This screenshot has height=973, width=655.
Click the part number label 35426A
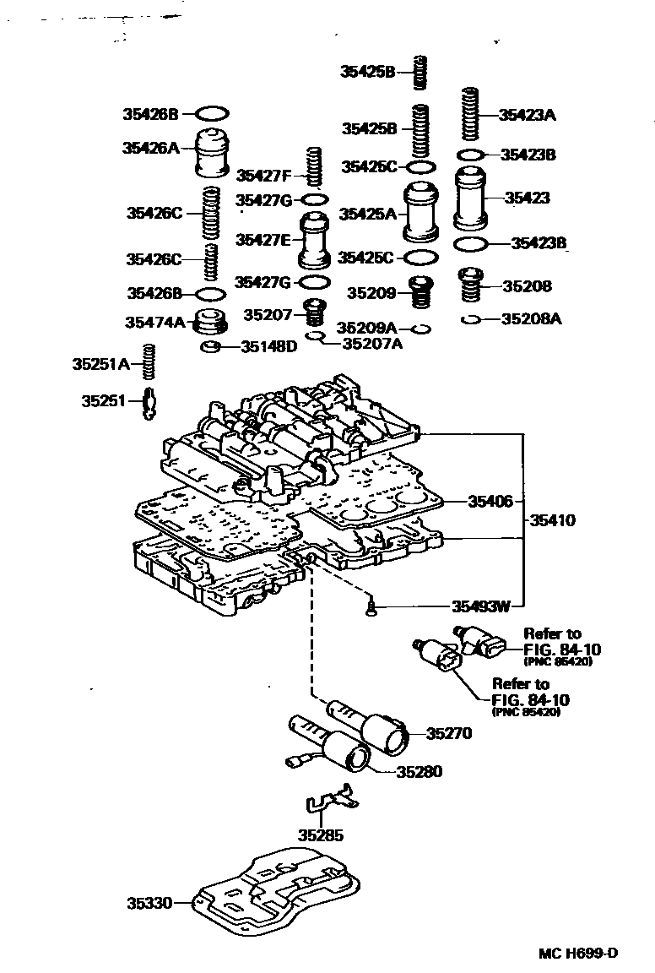click(x=150, y=148)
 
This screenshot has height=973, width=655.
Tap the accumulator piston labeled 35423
click(x=473, y=198)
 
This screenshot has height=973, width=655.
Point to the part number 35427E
click(x=263, y=240)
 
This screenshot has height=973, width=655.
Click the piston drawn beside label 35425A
click(x=420, y=212)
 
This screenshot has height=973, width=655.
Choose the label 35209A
click(x=366, y=327)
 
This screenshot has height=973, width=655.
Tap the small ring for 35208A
click(x=471, y=319)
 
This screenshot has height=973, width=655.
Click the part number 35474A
click(x=154, y=322)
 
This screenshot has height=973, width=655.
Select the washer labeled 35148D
click(x=211, y=346)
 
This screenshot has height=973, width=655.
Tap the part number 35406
click(x=490, y=501)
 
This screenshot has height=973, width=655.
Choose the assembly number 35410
click(x=553, y=520)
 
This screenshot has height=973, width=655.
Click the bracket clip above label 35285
click(x=329, y=804)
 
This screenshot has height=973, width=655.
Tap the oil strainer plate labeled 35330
click(x=274, y=892)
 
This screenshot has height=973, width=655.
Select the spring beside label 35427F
click(x=315, y=168)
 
